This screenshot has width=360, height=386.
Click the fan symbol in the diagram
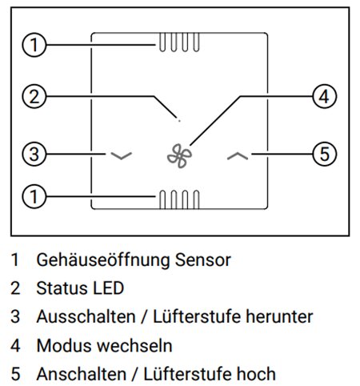click(x=179, y=156)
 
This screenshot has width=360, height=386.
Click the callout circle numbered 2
click(x=34, y=96)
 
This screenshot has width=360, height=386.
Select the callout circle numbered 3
click(x=34, y=154)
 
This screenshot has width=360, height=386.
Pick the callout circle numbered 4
click(x=324, y=96)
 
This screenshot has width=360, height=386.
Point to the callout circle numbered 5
click(x=324, y=154)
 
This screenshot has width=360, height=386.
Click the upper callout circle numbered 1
click(x=34, y=45)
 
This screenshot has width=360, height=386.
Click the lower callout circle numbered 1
click(x=34, y=197)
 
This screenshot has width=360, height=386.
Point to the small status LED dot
click(x=179, y=121)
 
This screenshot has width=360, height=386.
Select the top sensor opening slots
click(x=179, y=42)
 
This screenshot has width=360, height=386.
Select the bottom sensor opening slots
click(x=179, y=199)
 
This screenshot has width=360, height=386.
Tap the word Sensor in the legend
click(x=203, y=260)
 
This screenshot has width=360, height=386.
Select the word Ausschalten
click(x=86, y=316)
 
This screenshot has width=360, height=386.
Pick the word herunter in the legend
click(x=279, y=316)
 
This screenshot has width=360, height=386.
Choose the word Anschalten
click(x=82, y=374)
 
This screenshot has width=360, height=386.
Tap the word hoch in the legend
click(x=256, y=374)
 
